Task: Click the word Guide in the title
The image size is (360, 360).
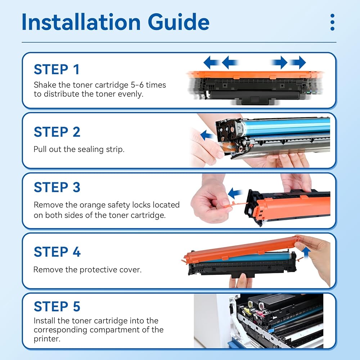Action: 179,22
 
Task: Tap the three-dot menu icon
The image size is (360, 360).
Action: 332,22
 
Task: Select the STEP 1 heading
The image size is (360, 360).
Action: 57,69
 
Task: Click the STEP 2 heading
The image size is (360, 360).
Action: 57,132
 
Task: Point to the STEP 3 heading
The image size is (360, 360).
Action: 57,187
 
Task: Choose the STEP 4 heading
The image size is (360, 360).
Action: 57,252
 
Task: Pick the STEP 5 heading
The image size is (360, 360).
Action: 57,306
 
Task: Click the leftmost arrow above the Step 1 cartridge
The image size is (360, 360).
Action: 211,62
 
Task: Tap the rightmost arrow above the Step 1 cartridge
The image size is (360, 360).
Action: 298,62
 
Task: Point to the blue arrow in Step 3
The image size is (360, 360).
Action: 235,193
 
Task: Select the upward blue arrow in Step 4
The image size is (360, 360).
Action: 306,253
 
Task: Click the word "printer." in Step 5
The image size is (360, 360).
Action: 47,339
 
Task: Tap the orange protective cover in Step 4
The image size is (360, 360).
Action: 241,250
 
